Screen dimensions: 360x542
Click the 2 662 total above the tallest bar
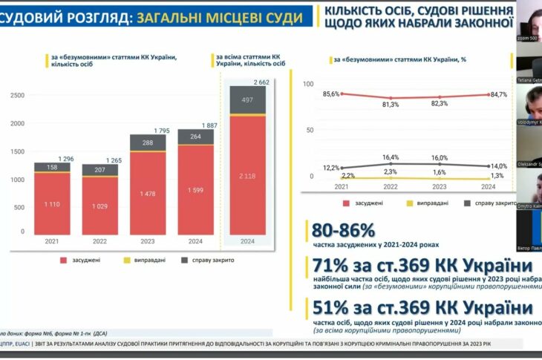261,82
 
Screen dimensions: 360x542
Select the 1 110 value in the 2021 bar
52,203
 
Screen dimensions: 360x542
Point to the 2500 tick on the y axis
17,95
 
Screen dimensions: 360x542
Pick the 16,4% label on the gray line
390,157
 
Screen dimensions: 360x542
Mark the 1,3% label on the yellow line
497,175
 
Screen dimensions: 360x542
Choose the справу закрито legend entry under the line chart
488,201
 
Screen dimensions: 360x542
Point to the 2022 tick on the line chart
390,186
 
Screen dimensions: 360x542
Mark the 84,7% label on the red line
499,94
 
